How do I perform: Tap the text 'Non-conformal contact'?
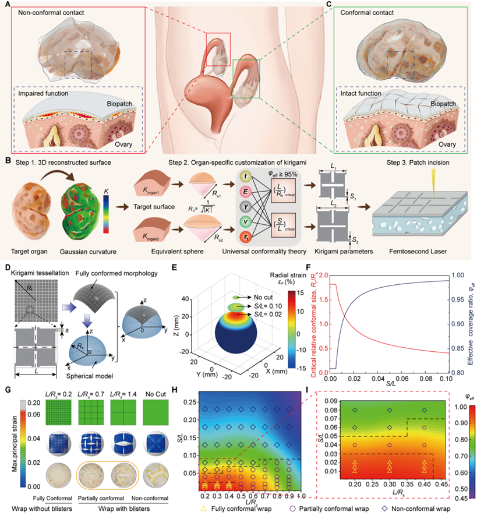pos(51,13)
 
